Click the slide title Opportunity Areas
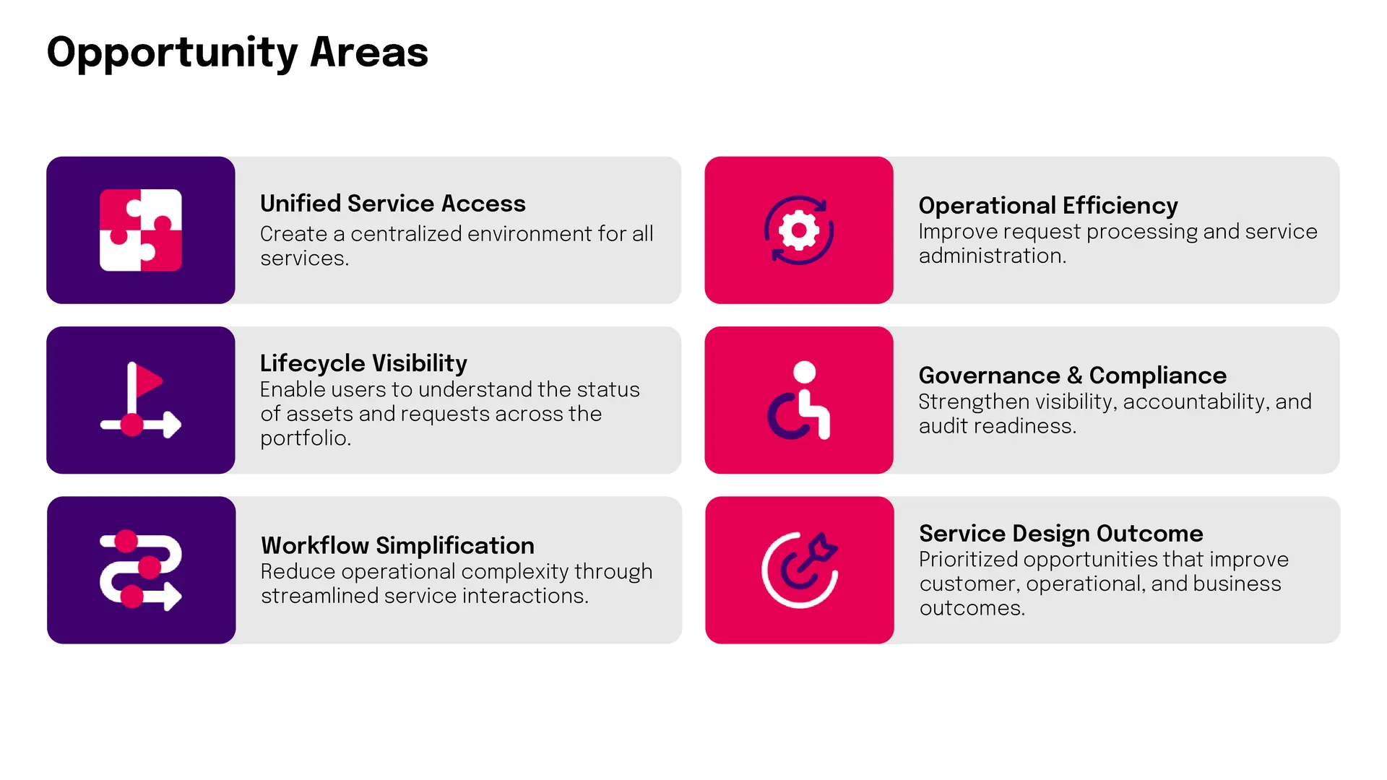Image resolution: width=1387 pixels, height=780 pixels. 238,53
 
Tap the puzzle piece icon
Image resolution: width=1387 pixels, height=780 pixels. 141,230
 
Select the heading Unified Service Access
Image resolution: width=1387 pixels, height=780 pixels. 393,204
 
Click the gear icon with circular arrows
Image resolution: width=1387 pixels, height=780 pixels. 799,230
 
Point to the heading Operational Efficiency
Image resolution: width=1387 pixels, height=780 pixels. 1048,206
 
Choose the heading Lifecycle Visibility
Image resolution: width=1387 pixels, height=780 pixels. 363,363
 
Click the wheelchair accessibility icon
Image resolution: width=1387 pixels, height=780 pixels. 799,400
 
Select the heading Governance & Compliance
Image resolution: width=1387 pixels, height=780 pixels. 1073,376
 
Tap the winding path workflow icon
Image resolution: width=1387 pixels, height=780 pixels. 141,570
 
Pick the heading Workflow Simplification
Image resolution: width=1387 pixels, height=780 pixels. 398,545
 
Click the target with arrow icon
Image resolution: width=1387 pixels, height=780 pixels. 800,570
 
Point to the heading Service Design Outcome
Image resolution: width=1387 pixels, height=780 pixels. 1061,534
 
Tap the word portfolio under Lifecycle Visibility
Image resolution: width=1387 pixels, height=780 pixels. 303,438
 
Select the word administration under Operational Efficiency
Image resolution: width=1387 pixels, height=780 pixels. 990,256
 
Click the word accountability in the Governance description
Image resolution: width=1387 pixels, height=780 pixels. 1195,402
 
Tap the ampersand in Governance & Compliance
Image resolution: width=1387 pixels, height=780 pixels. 1075,376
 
